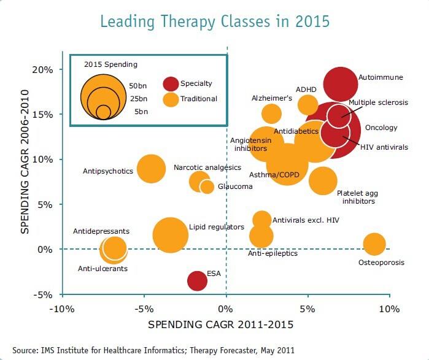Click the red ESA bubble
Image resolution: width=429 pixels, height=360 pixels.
[197, 280]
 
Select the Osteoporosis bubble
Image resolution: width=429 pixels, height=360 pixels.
[374, 243]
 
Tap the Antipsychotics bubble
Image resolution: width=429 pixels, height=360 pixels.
[151, 169]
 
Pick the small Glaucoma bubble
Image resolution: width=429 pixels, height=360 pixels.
[207, 186]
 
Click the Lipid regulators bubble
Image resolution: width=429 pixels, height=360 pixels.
[171, 235]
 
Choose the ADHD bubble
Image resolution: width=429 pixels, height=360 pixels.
[308, 104]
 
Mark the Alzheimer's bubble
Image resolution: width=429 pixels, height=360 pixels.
[271, 113]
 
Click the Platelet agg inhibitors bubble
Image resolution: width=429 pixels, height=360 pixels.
[323, 180]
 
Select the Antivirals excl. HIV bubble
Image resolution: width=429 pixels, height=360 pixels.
[261, 220]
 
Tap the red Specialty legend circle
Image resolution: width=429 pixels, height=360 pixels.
[171, 83]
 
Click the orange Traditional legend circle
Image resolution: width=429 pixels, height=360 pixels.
[171, 98]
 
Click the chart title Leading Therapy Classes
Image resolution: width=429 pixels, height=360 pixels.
[215, 21]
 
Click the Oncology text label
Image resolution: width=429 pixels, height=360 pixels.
[381, 128]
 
